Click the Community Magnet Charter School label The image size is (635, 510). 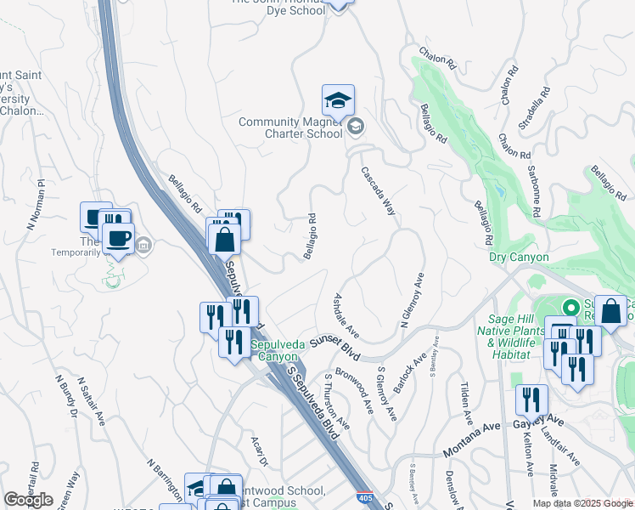289,127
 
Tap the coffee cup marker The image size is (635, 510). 118,238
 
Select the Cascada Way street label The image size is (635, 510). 379,195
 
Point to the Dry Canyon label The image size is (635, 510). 519,257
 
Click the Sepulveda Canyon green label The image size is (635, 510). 273,350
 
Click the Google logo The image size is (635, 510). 28,500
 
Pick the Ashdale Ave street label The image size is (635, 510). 346,314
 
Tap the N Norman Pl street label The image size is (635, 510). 36,205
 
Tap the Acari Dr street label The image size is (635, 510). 259,451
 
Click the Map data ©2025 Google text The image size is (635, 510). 582,503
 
